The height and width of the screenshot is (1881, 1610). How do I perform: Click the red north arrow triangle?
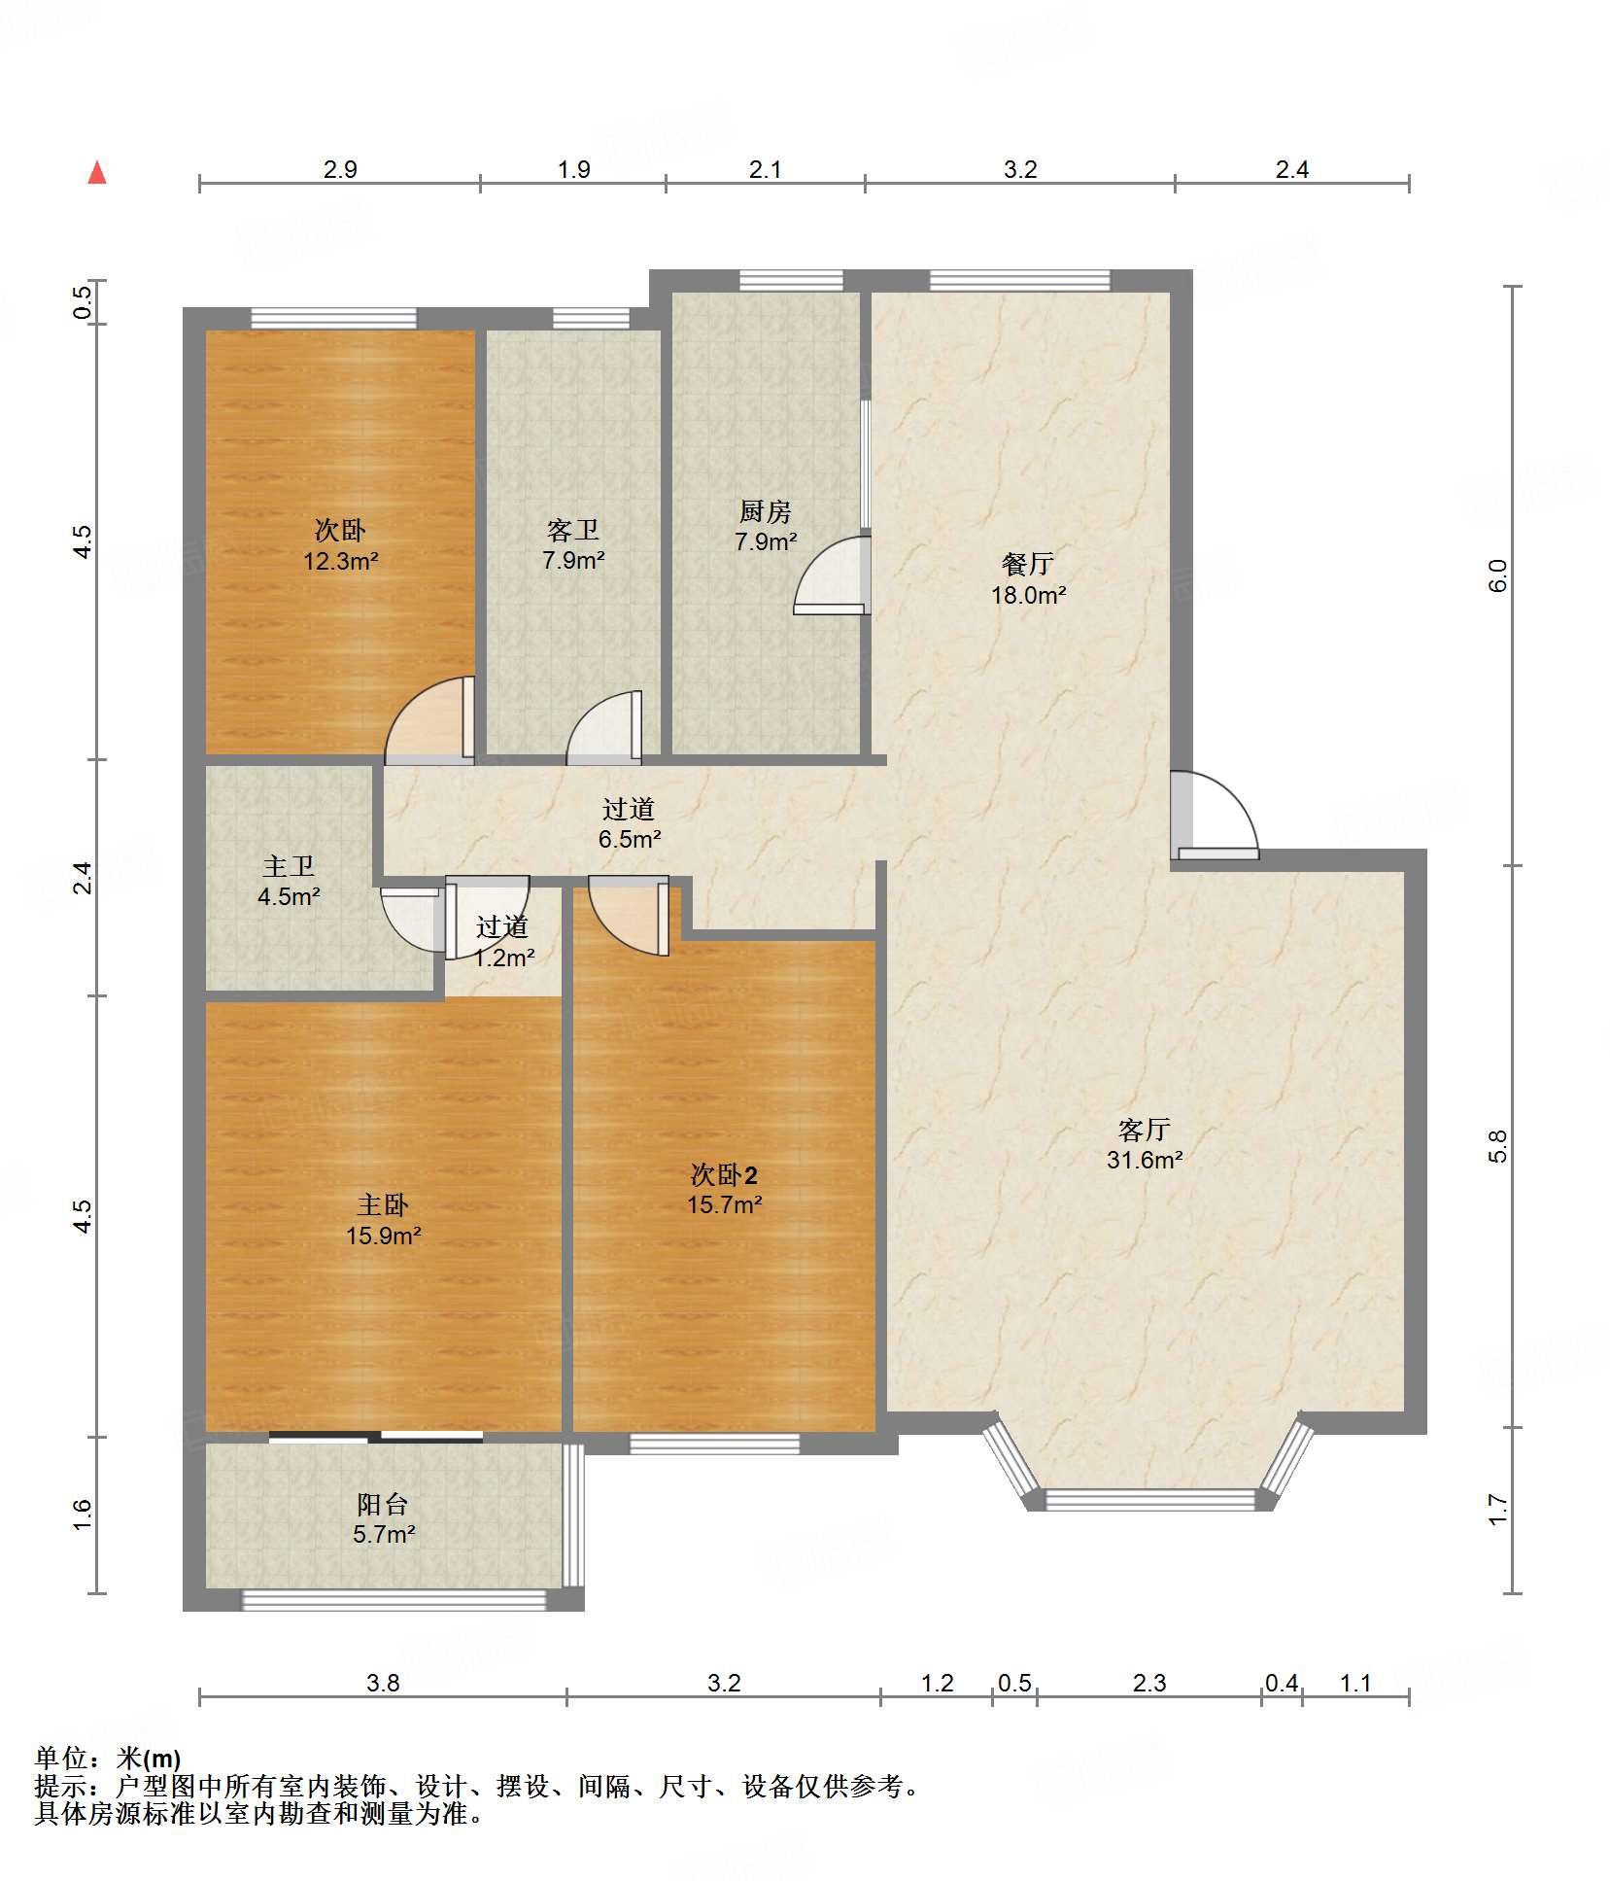point(97,173)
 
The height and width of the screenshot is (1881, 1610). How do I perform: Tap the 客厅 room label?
point(1144,1130)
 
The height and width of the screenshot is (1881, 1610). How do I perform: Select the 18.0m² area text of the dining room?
point(1028,595)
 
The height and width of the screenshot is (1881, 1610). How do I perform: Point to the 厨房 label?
point(766,511)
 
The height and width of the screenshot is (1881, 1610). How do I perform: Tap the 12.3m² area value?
point(340,561)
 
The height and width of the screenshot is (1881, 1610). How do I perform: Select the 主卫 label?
point(289,866)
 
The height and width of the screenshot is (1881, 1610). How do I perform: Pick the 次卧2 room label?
point(724,1174)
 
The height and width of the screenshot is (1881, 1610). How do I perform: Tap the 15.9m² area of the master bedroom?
point(384,1236)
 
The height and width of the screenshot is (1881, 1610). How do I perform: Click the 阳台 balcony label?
point(382,1505)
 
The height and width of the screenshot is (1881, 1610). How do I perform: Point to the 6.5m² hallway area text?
point(630,839)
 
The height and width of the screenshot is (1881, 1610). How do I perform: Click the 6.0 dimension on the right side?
point(1498,575)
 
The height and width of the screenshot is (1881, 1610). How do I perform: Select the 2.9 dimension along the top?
point(340,169)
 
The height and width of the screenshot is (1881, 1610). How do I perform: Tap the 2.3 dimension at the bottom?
point(1149,1683)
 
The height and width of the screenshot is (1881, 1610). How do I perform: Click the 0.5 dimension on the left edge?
point(84,301)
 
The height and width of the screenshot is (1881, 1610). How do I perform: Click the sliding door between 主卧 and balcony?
point(376,1436)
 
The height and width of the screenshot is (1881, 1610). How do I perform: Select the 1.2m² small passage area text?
point(504,958)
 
